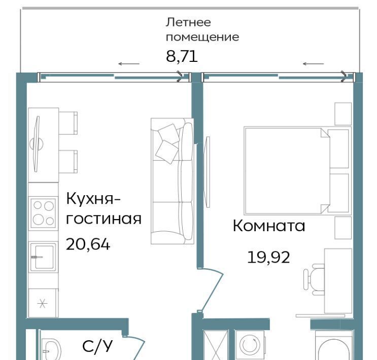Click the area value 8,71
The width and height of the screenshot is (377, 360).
[182, 57]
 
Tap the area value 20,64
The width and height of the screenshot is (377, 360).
[88, 244]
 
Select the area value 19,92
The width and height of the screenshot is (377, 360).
[268, 257]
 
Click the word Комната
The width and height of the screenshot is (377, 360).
[269, 226]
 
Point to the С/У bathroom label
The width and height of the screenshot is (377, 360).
[97, 346]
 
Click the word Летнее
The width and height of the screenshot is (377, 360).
[188, 22]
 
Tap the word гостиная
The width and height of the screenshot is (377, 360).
[104, 219]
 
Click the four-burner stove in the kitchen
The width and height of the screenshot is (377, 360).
[43, 213]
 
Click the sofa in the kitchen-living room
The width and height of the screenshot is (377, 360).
[172, 181]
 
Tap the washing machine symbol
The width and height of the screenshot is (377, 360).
[250, 345]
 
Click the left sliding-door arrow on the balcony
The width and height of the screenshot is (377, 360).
[129, 64]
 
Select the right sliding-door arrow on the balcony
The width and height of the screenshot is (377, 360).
[313, 64]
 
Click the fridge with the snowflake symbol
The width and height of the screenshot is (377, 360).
[43, 303]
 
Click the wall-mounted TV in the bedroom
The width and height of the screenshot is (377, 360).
[207, 171]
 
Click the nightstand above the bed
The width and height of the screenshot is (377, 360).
[343, 114]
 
